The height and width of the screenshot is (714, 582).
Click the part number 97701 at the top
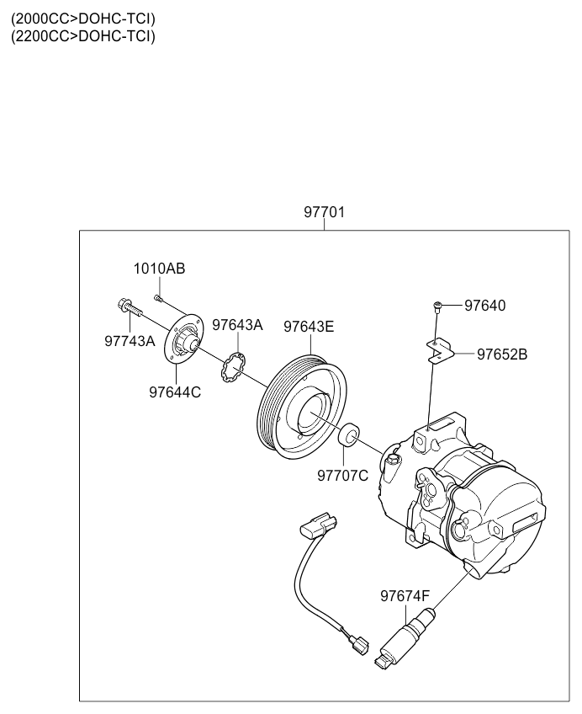coord(324,212)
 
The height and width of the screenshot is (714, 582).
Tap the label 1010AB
coord(159,269)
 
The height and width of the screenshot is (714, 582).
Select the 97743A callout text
coord(130,341)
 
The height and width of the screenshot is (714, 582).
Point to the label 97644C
coord(175,392)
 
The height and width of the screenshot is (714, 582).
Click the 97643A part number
coord(237,325)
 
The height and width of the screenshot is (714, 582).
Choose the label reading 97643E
coord(309,327)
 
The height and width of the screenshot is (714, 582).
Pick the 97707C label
coord(343,476)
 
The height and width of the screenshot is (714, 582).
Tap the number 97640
coord(484,306)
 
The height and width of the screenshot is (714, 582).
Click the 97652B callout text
coord(502,354)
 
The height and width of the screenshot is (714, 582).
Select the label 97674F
coord(405,596)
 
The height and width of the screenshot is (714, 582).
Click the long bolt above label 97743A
coord(130,307)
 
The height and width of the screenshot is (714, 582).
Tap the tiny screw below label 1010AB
coord(158,298)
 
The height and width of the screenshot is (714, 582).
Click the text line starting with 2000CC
coord(83,19)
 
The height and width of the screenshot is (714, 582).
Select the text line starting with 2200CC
coord(83,36)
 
